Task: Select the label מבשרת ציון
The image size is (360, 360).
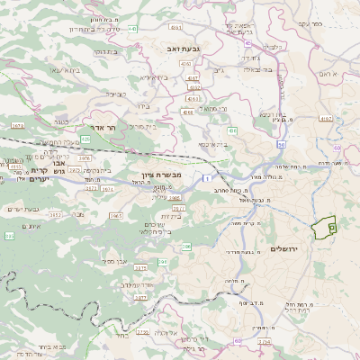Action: pyautogui.click(x=161, y=175)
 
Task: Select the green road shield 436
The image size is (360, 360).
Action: pyautogui.click(x=232, y=131)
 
